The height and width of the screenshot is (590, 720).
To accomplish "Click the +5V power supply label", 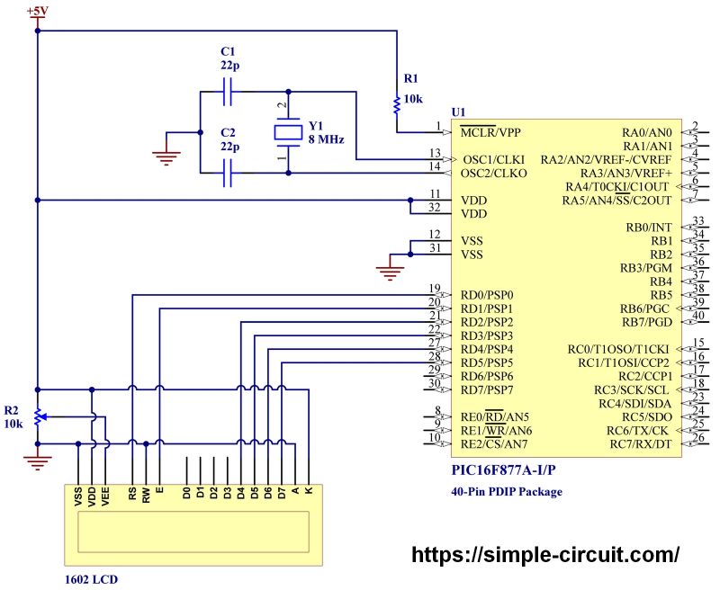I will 37,11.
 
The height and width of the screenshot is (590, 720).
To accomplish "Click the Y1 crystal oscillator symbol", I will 288,132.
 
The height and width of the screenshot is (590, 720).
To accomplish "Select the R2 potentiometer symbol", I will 37,417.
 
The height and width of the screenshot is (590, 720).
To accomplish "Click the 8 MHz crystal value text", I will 327,139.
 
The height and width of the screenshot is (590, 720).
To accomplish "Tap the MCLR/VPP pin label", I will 502,132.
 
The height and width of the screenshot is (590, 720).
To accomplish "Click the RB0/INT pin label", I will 649,228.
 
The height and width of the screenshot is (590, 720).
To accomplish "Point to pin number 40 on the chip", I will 697,315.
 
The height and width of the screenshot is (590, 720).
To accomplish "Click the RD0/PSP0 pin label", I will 487,295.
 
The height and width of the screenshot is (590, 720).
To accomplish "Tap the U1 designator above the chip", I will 458,112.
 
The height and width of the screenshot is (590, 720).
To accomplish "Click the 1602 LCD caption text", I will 91,579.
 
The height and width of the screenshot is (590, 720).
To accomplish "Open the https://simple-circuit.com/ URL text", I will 544,554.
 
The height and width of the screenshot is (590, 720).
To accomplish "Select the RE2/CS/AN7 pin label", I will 493,444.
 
